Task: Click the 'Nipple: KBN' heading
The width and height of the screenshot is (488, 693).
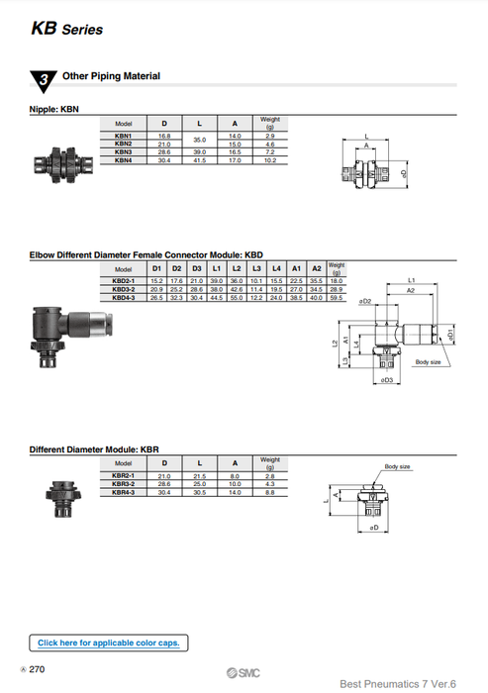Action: coord(58,109)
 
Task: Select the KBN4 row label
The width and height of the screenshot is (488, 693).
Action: coord(124,160)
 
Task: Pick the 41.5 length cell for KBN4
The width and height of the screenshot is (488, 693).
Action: coord(200,160)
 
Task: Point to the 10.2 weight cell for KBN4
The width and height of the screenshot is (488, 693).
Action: coord(269,160)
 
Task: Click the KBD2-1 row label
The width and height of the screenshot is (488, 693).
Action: coord(124,280)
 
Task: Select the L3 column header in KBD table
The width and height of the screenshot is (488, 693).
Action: coord(255,269)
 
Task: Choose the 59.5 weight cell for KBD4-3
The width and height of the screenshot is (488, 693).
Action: coord(337,296)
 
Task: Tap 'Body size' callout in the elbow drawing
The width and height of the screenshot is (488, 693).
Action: coord(428,362)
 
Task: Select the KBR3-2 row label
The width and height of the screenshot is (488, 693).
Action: coord(124,484)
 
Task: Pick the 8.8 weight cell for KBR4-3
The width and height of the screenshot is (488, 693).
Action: coord(269,492)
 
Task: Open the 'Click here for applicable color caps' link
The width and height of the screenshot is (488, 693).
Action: coord(108,643)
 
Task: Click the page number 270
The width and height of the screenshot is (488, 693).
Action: coord(37,670)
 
